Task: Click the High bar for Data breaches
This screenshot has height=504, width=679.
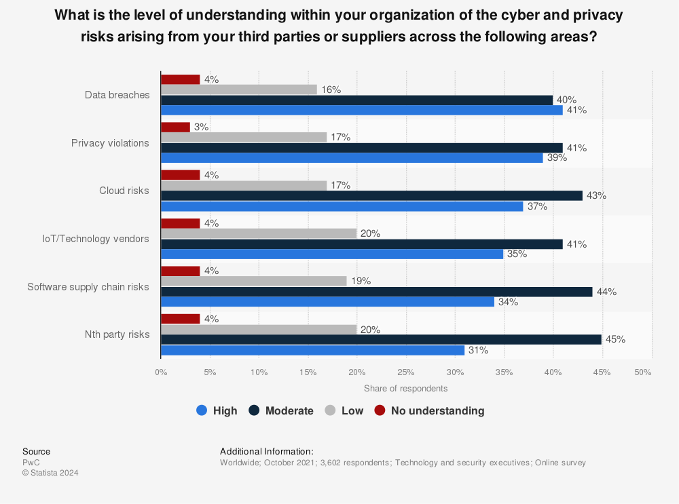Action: [x=361, y=111]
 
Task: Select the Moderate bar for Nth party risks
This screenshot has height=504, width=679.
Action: [x=381, y=339]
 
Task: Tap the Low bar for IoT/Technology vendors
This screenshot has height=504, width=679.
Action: [x=259, y=233]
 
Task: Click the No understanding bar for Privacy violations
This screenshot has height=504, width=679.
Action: [x=175, y=128]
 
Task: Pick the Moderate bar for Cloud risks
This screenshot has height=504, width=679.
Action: [x=371, y=195]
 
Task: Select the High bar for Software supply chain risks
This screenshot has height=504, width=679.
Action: [x=327, y=302]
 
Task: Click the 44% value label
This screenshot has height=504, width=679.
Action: [x=606, y=292]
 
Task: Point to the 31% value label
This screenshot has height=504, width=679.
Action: [x=479, y=350]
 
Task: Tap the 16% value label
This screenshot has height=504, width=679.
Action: [x=331, y=90]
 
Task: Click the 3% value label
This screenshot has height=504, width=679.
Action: [x=202, y=127]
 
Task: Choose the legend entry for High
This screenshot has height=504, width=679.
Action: [x=217, y=410]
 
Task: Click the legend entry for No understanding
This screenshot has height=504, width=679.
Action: [x=430, y=410]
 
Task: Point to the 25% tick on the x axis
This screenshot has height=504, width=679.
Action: [x=405, y=372]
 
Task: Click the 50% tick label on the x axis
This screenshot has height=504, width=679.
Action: [x=642, y=372]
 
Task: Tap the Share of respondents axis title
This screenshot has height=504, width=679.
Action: [x=405, y=389]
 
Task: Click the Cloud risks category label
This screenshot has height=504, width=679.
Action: [x=124, y=191]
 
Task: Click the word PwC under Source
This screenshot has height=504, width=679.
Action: [x=31, y=463]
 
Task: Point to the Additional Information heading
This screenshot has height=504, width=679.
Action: [x=267, y=451]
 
